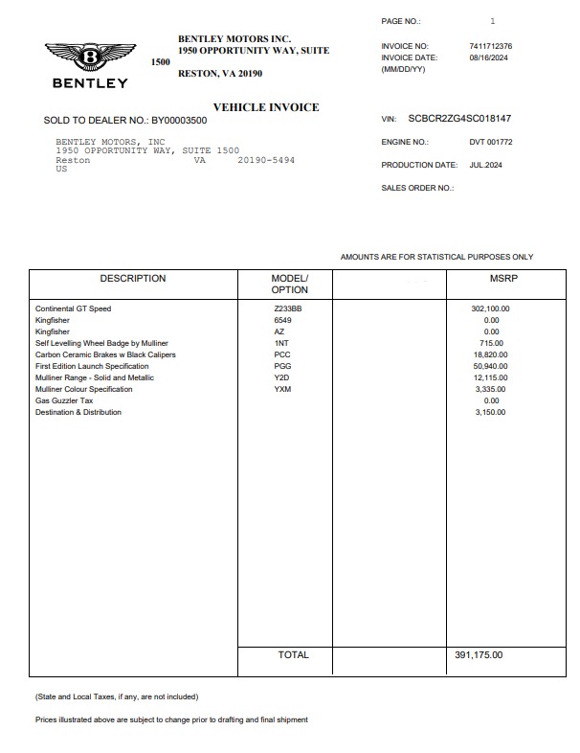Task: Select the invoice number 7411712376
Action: pos(490,46)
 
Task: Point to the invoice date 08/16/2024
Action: pos(486,57)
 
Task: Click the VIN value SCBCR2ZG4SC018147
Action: pos(459,119)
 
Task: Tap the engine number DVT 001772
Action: pos(491,142)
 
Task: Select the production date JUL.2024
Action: pos(485,165)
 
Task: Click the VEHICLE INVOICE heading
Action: pos(266,107)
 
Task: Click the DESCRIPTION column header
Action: pos(133,279)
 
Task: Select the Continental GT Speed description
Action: pos(74,308)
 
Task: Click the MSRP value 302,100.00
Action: pos(490,308)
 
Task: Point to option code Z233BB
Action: pos(287,308)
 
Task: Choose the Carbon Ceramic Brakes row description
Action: pos(105,354)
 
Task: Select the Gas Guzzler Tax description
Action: pos(64,400)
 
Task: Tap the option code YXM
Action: pos(282,389)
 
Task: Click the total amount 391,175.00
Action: pos(479,655)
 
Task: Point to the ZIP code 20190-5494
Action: pos(266,160)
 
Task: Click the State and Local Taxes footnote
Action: pos(117,696)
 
